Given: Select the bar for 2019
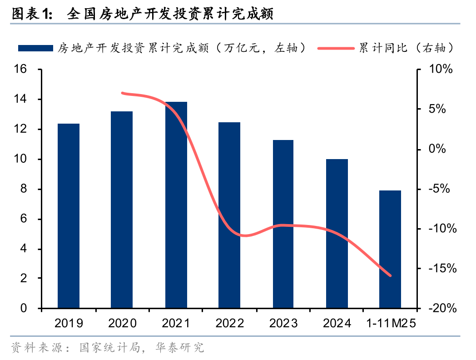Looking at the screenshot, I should (x=69, y=216).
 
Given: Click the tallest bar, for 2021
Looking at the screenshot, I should (x=176, y=205).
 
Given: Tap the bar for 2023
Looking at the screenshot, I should (x=283, y=224).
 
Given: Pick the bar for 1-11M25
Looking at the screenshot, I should (x=390, y=249).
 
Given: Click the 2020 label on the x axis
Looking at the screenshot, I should (x=123, y=323).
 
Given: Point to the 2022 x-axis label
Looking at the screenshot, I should (x=230, y=323).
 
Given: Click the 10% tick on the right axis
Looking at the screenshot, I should (x=441, y=70).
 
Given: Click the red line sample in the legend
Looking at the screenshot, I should (x=337, y=48).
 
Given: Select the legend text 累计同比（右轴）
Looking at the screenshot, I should (x=407, y=48).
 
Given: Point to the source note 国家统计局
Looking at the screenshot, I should (x=108, y=348).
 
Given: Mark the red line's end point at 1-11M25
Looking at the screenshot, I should (x=390, y=275).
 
